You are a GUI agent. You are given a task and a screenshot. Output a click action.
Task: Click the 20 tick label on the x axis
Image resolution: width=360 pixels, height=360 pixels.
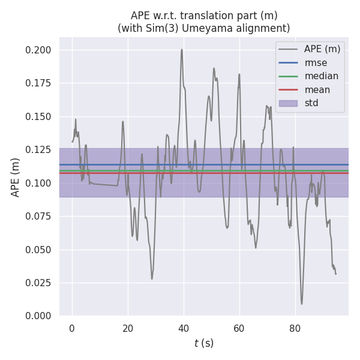[x=128, y=328]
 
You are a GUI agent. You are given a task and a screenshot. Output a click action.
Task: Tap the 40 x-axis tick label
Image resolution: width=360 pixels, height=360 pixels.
[x=184, y=328]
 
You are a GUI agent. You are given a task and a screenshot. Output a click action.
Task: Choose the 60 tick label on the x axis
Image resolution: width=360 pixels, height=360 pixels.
[x=239, y=328]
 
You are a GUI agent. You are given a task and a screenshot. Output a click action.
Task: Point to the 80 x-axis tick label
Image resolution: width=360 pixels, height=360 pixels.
[x=295, y=328]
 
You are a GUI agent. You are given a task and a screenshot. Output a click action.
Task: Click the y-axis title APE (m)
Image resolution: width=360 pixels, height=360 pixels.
[x=16, y=177]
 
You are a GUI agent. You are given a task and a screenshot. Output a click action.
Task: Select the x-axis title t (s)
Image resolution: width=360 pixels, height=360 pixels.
[x=204, y=343]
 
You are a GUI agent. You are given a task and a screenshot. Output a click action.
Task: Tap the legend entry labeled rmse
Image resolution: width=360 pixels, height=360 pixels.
[x=315, y=62]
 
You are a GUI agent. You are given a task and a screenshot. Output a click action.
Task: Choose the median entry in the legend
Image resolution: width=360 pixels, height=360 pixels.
[x=321, y=76]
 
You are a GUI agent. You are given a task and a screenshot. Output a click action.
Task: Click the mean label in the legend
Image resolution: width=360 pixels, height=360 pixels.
[x=317, y=90]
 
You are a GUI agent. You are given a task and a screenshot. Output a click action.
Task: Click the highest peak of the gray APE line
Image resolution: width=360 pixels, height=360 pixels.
[x=182, y=50]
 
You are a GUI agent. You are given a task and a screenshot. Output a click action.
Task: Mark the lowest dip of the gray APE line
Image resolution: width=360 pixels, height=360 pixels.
[x=302, y=304]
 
